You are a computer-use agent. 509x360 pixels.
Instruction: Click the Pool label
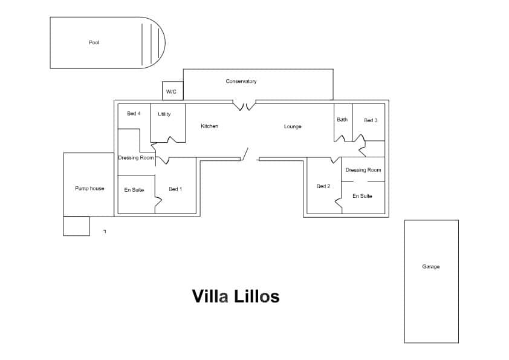point(94,42)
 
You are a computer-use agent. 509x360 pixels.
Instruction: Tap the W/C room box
point(172,91)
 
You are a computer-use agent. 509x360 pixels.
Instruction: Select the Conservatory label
point(241,81)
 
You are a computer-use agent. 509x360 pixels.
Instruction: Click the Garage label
point(431,267)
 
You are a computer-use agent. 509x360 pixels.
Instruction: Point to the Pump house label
point(89,189)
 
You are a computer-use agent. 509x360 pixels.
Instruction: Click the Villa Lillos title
point(236,296)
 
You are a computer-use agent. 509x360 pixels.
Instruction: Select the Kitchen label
point(209,126)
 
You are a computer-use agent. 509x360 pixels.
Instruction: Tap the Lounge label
point(293,126)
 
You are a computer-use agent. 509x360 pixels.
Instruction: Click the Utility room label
point(164,114)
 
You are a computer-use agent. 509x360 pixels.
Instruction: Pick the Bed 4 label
point(134,113)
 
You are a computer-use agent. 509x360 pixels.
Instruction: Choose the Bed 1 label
point(175,189)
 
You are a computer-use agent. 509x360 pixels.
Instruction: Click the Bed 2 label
point(323,186)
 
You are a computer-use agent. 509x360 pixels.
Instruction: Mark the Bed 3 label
point(371,120)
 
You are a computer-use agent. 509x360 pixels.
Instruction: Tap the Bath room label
point(342,120)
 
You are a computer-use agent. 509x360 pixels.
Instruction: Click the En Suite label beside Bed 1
point(134,190)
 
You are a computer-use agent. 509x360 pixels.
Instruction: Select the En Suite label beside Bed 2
point(362,196)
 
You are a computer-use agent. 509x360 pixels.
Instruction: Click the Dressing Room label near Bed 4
point(136,157)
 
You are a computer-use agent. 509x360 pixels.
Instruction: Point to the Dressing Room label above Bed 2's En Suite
point(363,170)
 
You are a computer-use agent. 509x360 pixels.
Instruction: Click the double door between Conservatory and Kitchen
point(246,106)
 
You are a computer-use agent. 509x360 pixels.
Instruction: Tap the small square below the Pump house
point(76,226)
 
